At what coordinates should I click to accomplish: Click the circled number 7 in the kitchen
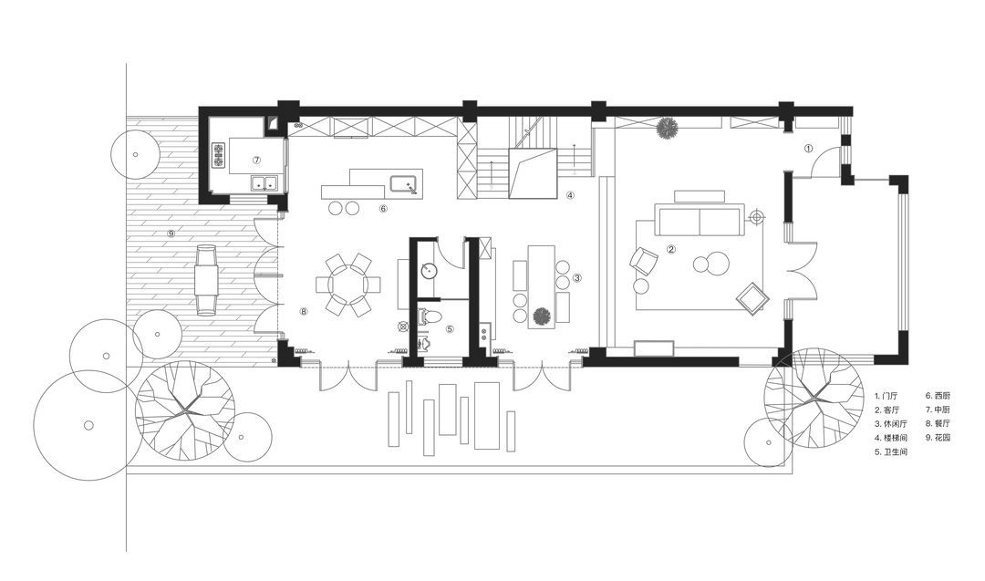(256, 160)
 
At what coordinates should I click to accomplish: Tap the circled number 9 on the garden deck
(171, 233)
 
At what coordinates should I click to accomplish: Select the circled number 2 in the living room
(670, 249)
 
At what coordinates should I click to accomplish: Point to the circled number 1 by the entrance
(808, 149)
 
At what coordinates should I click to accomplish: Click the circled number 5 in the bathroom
(449, 328)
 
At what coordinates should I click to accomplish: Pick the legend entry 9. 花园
(938, 437)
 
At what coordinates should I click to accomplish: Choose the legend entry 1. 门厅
(887, 396)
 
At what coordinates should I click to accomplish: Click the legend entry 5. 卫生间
(891, 451)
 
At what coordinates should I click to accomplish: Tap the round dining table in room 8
(347, 285)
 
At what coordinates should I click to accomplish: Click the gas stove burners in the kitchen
(219, 156)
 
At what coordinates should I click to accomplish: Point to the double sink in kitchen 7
(264, 182)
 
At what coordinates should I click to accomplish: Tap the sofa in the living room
(700, 219)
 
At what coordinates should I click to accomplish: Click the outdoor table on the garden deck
(206, 279)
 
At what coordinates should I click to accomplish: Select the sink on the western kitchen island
(405, 184)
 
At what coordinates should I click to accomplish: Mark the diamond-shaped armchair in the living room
(752, 297)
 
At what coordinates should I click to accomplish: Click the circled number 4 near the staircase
(570, 194)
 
